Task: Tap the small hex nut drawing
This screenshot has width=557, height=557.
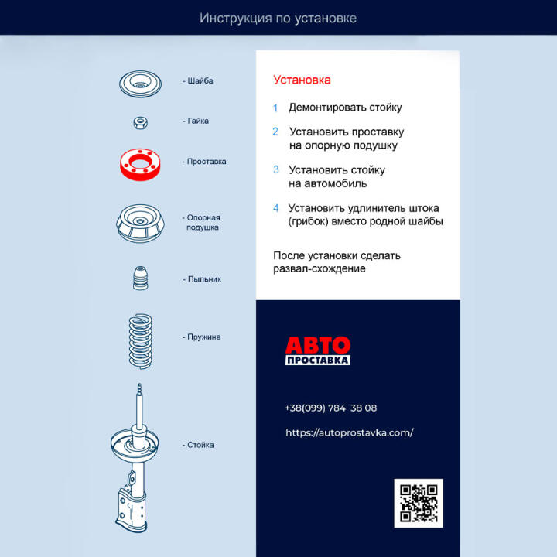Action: coord(141,122)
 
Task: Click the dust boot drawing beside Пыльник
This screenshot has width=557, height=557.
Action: coord(140,279)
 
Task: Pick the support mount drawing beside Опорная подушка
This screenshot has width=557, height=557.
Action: coord(141,224)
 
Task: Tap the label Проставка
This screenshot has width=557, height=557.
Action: coord(206,162)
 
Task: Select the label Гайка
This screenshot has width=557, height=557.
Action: coord(197,121)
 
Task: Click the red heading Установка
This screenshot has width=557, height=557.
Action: coord(302,80)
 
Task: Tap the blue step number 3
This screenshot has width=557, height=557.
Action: coord(276,169)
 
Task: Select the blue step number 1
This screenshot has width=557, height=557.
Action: coord(275,108)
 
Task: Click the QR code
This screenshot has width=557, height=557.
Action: coord(419,504)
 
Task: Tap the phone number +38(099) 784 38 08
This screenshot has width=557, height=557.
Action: coord(330,408)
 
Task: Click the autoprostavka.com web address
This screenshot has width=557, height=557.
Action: coord(349,432)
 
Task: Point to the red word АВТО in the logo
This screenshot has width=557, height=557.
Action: coord(317,345)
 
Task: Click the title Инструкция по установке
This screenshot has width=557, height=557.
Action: coord(278,18)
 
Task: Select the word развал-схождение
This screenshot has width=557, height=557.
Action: coord(319,268)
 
